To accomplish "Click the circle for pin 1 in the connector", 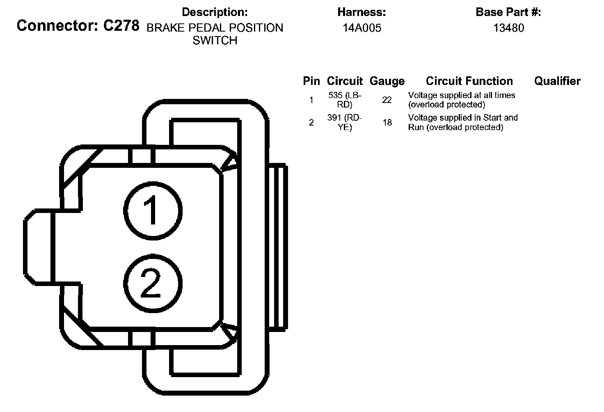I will tap(152, 211).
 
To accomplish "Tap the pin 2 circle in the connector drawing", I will tap(152, 284).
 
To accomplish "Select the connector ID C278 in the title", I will tap(121, 26).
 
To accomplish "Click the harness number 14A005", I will tap(362, 28).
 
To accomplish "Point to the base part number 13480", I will tap(508, 28).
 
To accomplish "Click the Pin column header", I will tap(311, 81).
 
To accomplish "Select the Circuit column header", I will tap(345, 81).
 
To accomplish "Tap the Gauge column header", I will tap(387, 81).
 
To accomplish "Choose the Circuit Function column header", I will tap(469, 81).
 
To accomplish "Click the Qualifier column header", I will tap(557, 81).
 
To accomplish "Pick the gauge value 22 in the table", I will tap(387, 100).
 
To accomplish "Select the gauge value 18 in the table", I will tap(387, 122).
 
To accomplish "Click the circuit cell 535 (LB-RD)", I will tap(345, 100).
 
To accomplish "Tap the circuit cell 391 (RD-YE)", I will tap(345, 122).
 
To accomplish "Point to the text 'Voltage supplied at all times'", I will tap(462, 95).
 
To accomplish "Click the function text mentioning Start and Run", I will tap(463, 122).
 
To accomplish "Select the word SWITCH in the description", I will tap(215, 41).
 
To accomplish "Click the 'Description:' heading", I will tap(215, 12).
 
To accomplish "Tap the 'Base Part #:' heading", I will tap(508, 12).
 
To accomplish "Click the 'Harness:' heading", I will tap(361, 12).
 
